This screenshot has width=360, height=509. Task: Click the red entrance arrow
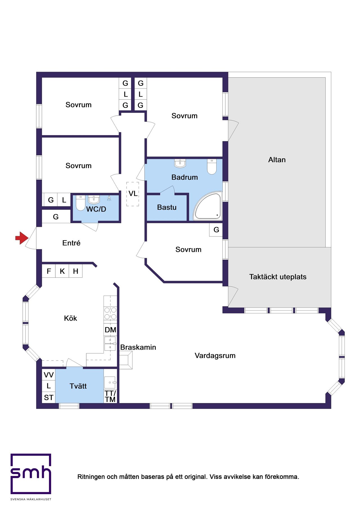[22, 238]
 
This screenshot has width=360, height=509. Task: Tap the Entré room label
[71, 243]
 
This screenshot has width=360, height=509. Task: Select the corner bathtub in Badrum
[208, 206]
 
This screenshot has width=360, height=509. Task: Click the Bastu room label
[167, 207]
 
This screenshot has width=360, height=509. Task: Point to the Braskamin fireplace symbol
[126, 360]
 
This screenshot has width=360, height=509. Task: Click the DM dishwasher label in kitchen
[110, 330]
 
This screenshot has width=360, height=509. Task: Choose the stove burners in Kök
[110, 313]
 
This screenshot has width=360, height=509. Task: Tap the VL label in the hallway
[133, 194]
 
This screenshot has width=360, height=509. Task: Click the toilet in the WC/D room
[80, 203]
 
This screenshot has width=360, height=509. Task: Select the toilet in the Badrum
[212, 167]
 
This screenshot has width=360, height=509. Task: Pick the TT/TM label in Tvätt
[110, 396]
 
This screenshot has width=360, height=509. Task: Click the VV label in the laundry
[49, 375]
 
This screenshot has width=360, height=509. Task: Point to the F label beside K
[49, 271]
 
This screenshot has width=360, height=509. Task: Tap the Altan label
[277, 160]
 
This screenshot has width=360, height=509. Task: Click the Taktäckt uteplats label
[278, 277]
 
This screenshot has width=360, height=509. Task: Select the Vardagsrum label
[215, 356]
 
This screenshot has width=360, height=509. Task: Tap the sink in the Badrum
[180, 163]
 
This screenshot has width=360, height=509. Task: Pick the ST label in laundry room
[49, 397]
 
